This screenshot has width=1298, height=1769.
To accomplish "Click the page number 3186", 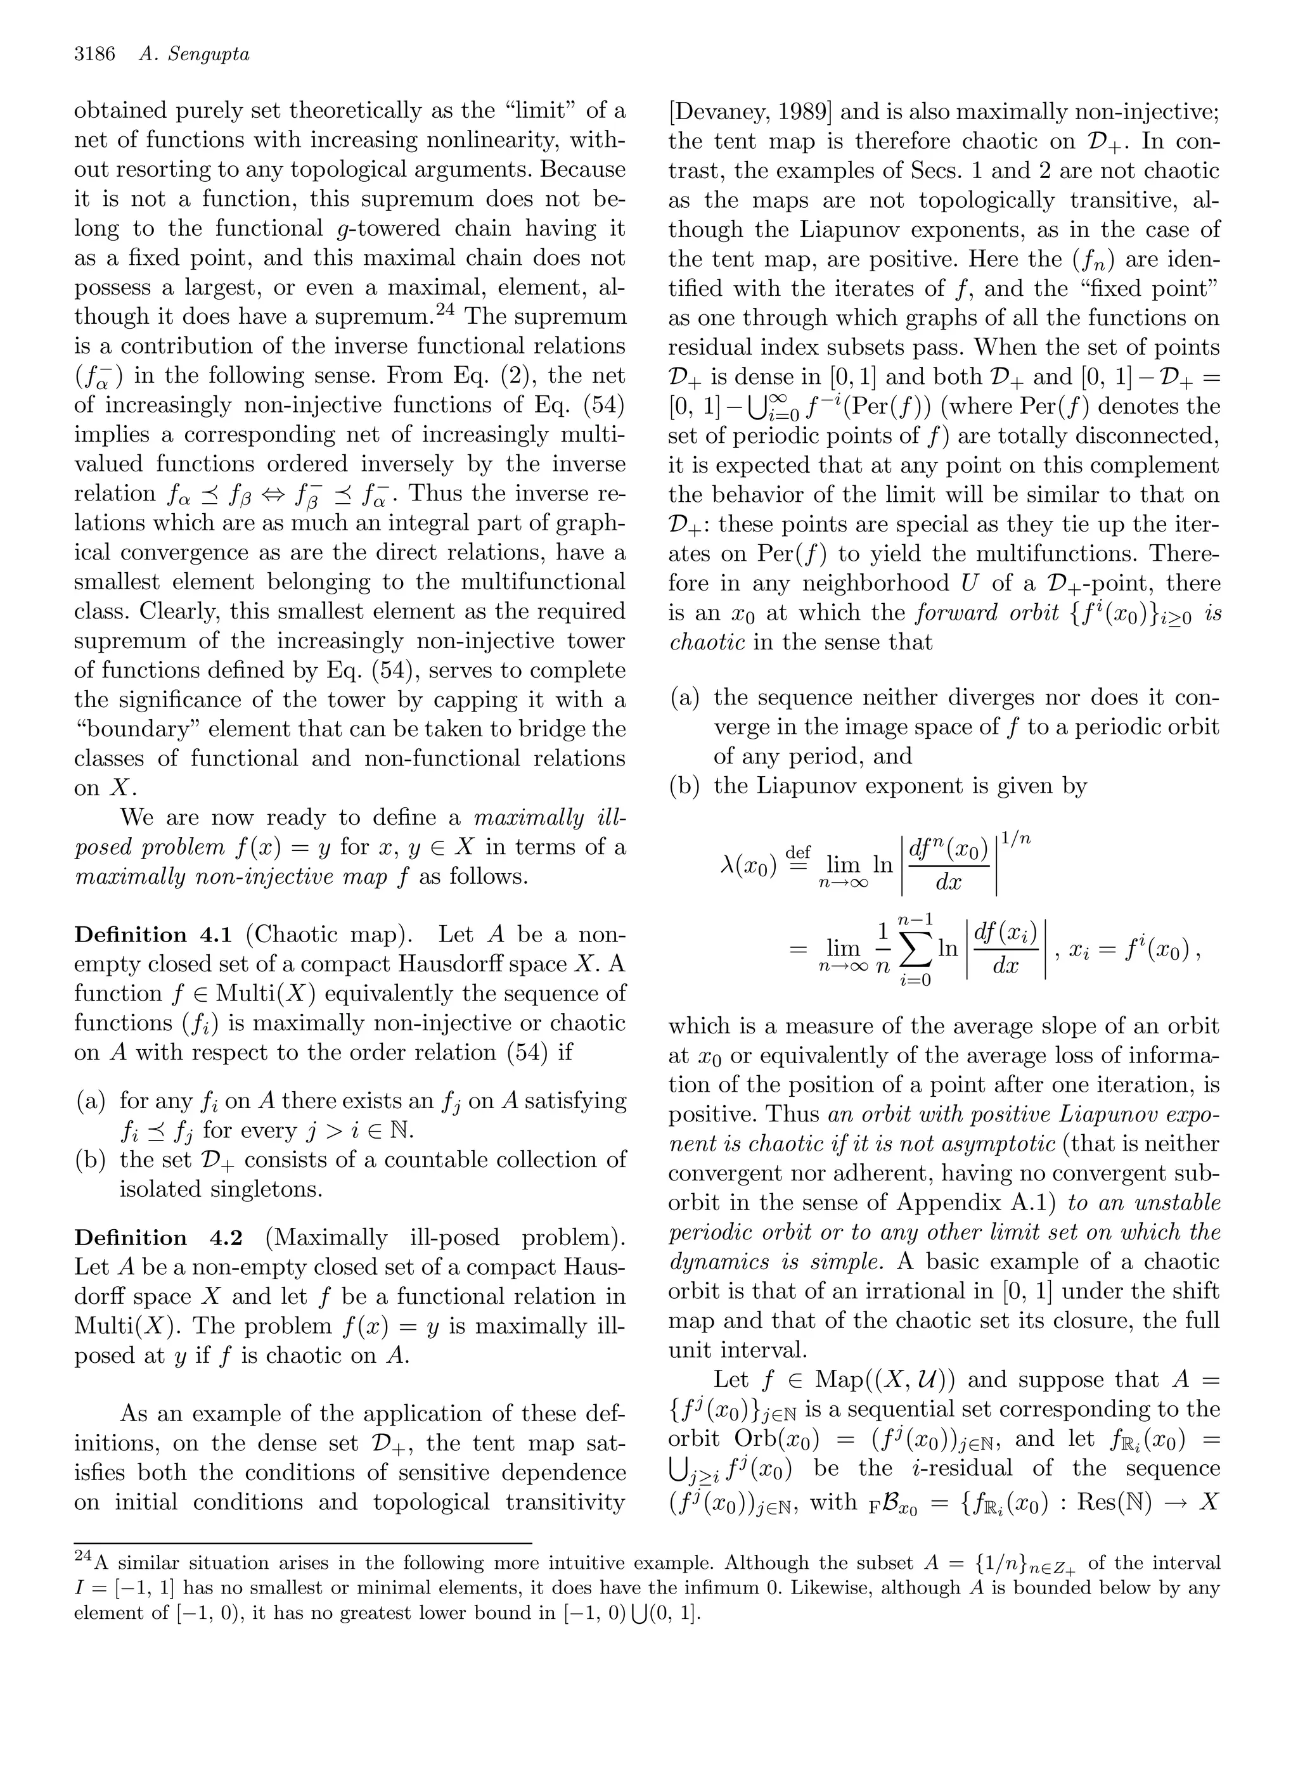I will (94, 54).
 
